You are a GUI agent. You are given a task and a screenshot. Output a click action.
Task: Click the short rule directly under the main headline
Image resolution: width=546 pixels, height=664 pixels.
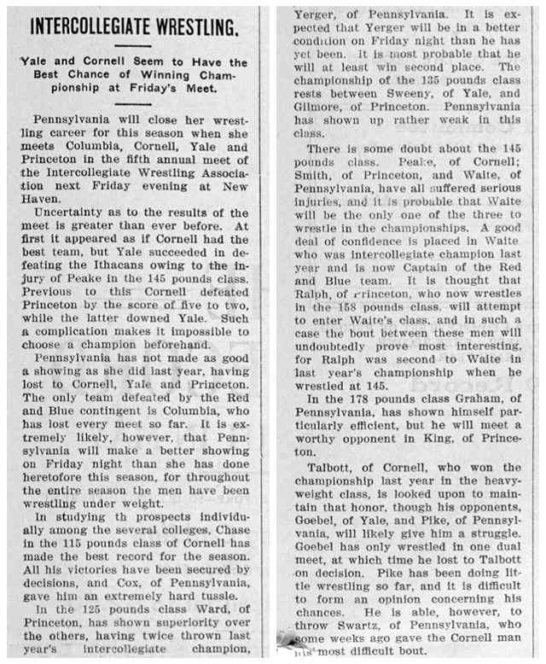[x=135, y=45]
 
